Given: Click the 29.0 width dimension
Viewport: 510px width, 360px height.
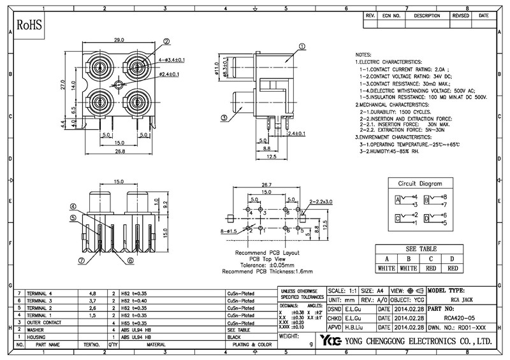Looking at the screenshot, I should pyautogui.click(x=119, y=40).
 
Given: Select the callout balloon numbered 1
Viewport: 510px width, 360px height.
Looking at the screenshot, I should pyautogui.click(x=302, y=46).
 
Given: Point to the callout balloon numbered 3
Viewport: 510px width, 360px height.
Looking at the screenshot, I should pyautogui.click(x=224, y=117).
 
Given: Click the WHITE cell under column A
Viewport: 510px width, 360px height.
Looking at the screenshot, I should pyautogui.click(x=386, y=268).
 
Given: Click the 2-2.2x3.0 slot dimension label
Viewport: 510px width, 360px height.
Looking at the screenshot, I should pyautogui.click(x=321, y=201).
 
